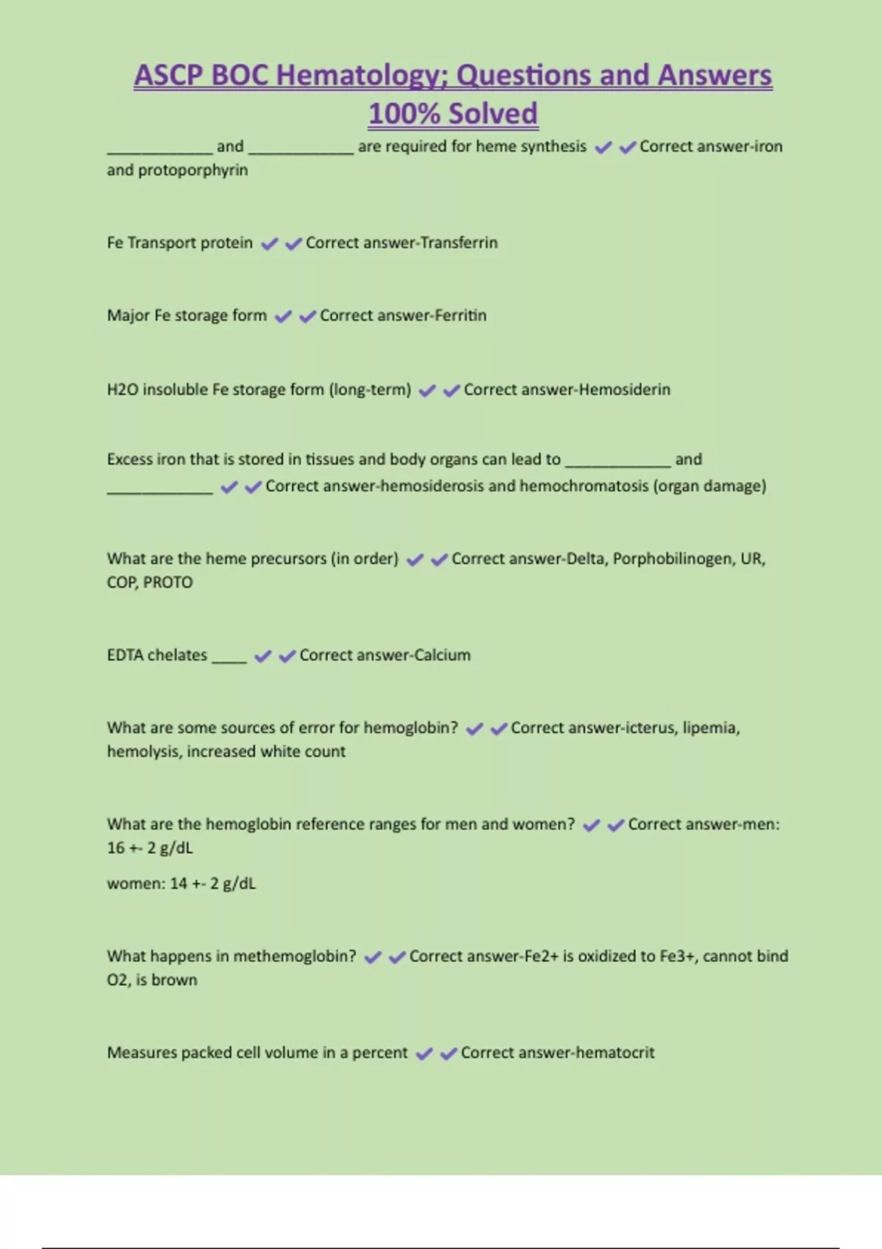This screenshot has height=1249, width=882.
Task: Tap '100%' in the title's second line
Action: [x=404, y=114]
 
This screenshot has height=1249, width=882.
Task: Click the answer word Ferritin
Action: [x=460, y=315]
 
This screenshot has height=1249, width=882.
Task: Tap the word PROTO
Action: [x=168, y=583]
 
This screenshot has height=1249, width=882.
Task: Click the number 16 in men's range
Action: [x=115, y=848]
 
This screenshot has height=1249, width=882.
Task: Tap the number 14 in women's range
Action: [x=179, y=883]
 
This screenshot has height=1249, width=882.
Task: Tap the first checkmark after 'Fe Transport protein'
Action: [x=270, y=243]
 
